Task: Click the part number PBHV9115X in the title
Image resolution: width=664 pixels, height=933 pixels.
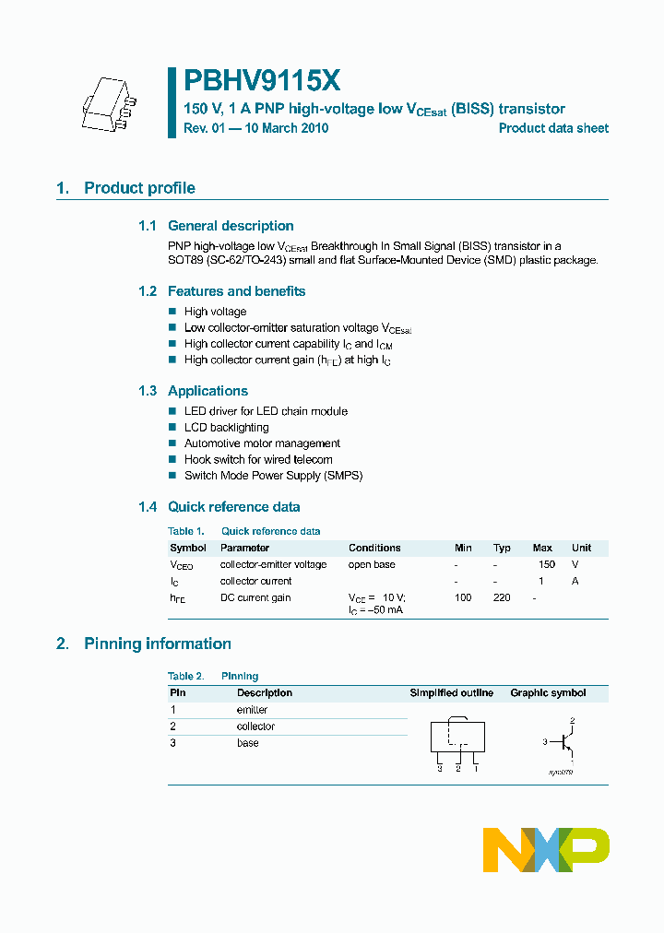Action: click(263, 82)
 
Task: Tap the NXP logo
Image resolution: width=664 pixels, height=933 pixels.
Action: click(546, 849)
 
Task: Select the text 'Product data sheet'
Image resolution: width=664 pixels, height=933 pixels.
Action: click(553, 128)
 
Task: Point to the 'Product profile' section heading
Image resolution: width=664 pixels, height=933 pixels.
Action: click(139, 188)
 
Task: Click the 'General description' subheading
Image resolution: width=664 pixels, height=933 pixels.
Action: click(231, 226)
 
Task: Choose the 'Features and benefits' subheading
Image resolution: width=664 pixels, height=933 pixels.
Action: click(236, 291)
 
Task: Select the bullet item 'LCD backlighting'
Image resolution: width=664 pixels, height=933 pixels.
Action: click(226, 428)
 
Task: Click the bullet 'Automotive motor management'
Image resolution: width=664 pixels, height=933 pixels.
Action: click(262, 443)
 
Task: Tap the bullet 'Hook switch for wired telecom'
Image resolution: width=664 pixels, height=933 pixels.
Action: click(258, 459)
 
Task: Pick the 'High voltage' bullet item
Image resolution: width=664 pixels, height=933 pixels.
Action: click(215, 312)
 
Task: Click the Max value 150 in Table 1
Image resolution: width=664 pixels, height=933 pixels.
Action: click(546, 564)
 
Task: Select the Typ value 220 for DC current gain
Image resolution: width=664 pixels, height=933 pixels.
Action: click(502, 597)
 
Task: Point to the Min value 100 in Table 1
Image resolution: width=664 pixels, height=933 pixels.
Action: click(463, 597)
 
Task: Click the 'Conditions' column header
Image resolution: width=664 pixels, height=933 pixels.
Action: click(374, 548)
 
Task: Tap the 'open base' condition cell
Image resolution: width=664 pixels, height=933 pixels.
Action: click(372, 564)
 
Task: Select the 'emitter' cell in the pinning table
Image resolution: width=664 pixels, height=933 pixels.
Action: click(252, 710)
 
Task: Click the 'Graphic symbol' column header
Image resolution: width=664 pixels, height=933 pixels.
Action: click(548, 692)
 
